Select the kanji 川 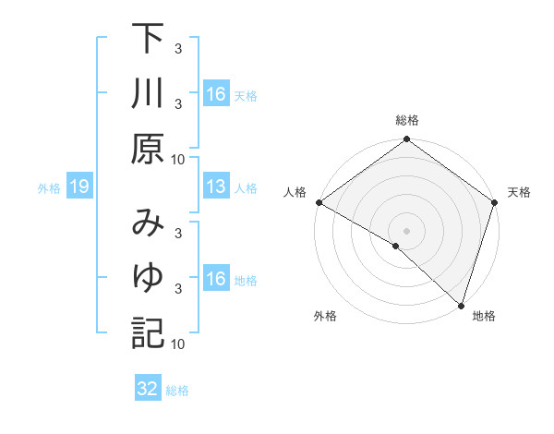147,94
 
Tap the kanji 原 147,148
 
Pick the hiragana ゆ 147,278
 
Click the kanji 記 147,332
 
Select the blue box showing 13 216,187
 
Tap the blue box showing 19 79,187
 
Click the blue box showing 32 148,389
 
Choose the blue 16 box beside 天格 216,94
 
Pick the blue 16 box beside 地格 216,278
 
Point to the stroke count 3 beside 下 177,48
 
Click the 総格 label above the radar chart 406,120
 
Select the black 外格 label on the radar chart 325,316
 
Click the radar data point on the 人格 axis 319,202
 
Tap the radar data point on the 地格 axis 461,304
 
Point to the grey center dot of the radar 406,230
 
